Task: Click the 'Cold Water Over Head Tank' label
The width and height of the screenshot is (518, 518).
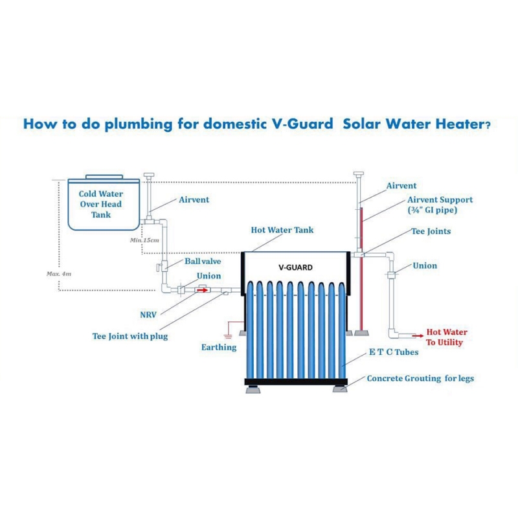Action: click(101, 204)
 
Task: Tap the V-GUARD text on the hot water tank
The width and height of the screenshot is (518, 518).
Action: click(296, 267)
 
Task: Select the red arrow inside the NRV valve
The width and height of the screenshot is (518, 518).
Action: click(202, 290)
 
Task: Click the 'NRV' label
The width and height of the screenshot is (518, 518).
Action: click(148, 315)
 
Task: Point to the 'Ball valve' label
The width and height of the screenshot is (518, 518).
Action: click(203, 262)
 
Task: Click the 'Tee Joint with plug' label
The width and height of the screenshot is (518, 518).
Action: click(130, 336)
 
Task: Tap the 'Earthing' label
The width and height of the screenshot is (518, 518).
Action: click(219, 347)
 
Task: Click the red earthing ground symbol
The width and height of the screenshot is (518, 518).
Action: click(228, 336)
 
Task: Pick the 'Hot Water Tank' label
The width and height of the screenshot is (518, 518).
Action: click(282, 230)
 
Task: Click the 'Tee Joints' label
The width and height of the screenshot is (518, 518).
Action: click(431, 231)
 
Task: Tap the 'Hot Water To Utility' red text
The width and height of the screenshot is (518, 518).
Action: click(447, 337)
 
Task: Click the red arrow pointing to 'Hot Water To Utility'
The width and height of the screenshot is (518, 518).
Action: click(418, 335)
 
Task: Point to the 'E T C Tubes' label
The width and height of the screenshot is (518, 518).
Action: click(394, 352)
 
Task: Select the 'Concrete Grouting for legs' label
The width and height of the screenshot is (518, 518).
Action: click(420, 379)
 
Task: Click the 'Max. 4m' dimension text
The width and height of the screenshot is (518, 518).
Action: click(59, 274)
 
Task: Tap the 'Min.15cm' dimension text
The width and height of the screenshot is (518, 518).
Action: click(144, 240)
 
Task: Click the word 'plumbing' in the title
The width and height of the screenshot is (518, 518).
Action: click(139, 124)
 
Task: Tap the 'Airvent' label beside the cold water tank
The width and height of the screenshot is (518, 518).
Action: click(194, 200)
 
